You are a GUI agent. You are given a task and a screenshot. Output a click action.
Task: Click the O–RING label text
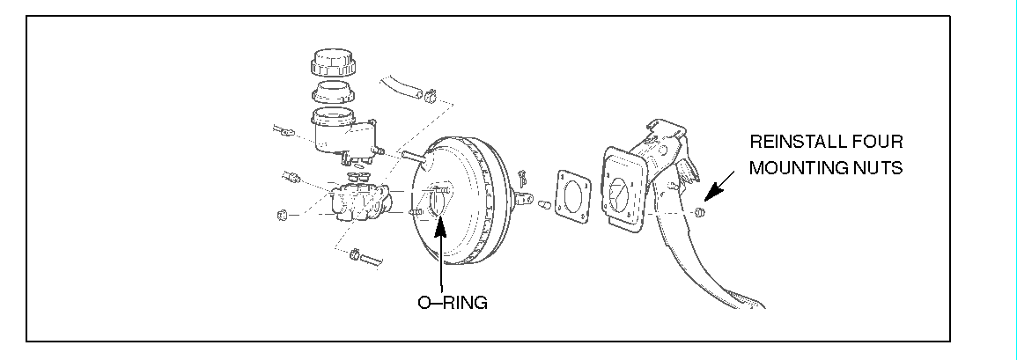click(x=453, y=302)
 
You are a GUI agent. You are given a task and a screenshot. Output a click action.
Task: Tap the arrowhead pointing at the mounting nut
click(x=713, y=192)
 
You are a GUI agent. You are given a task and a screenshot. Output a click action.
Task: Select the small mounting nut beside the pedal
click(x=699, y=212)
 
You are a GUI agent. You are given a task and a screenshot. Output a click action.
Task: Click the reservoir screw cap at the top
click(x=334, y=63)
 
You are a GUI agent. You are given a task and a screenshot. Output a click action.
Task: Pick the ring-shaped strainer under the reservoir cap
click(x=334, y=92)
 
